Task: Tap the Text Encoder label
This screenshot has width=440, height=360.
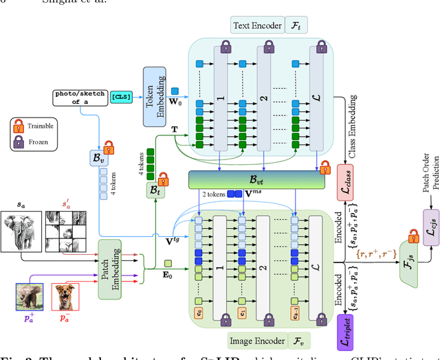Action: pyautogui.click(x=257, y=26)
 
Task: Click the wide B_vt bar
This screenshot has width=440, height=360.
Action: pyautogui.click(x=256, y=180)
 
